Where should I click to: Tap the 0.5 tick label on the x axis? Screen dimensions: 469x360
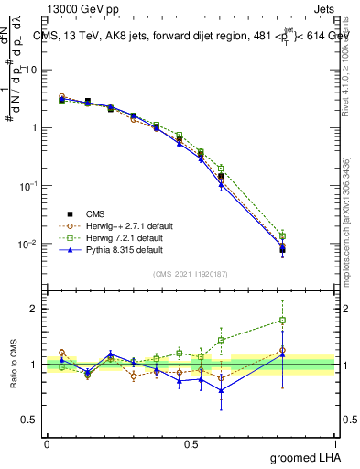(191, 443)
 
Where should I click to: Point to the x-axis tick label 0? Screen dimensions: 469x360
(47, 443)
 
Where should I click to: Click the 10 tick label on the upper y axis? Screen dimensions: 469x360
(30, 70)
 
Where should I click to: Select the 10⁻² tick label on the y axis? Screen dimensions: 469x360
(28, 244)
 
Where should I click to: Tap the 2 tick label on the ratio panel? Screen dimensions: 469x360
(36, 309)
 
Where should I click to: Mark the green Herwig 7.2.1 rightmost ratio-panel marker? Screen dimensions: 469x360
(282, 321)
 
